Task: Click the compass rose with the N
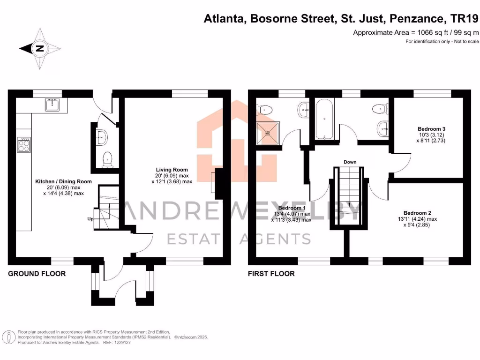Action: (x=40, y=48)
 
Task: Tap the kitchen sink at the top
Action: (x=52, y=105)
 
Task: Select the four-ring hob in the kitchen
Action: (x=23, y=144)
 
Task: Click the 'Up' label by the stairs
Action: (x=90, y=219)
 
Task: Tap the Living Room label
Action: (x=172, y=170)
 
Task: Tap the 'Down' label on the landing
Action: (x=350, y=162)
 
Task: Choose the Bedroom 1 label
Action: (x=292, y=208)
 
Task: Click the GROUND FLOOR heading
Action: (x=37, y=274)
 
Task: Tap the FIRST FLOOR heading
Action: (x=271, y=274)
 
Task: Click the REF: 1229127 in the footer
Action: (x=116, y=343)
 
